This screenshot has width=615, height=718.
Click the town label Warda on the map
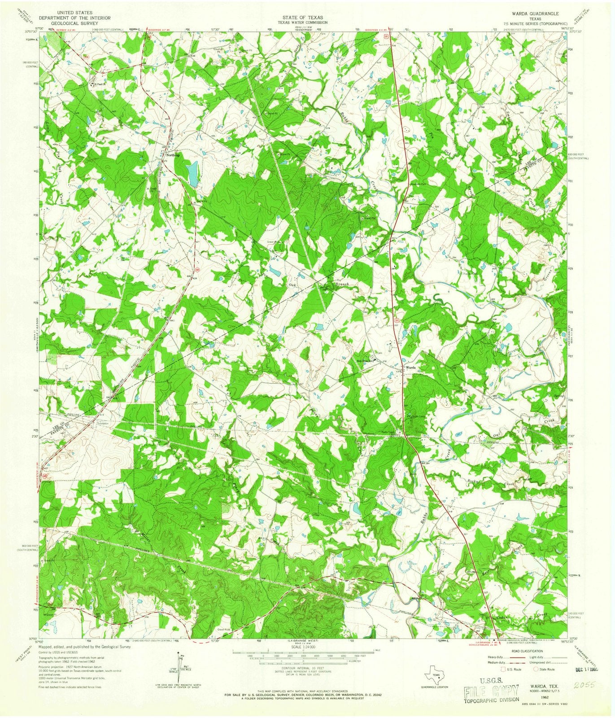click(x=411, y=368)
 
